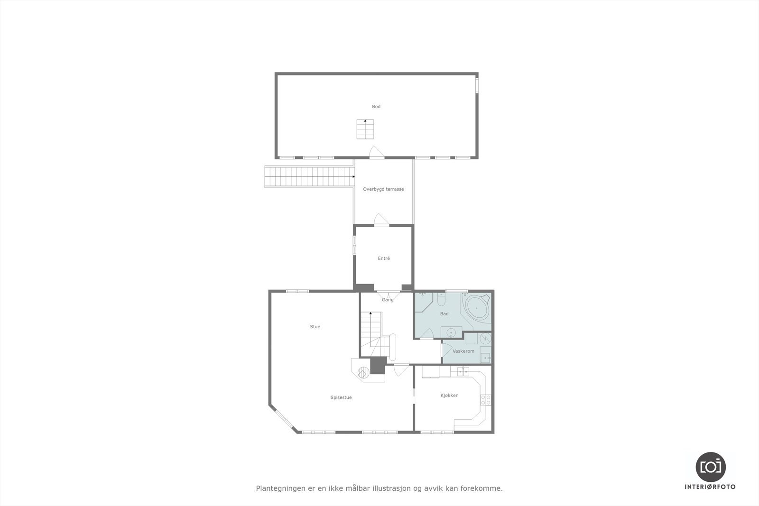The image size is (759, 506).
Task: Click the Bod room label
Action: (x=376, y=107)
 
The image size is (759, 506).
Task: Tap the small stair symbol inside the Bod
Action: (x=365, y=129)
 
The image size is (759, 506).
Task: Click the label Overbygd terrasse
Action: (x=383, y=189)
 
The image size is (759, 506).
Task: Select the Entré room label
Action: (x=384, y=258)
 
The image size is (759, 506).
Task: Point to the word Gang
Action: (x=388, y=300)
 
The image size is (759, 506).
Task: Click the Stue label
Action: (x=315, y=327)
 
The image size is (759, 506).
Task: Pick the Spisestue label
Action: (x=341, y=397)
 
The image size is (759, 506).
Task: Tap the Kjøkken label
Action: (x=449, y=395)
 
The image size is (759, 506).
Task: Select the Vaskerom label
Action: (x=463, y=351)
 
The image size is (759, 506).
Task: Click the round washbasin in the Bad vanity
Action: (x=451, y=332)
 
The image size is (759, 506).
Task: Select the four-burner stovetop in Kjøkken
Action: (x=486, y=400)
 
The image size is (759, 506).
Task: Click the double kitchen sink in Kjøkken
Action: (x=463, y=371)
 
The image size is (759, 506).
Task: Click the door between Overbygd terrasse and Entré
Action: (x=381, y=221)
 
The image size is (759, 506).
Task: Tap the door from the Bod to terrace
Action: (x=376, y=152)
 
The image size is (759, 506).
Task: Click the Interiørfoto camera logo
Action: (x=710, y=467)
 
